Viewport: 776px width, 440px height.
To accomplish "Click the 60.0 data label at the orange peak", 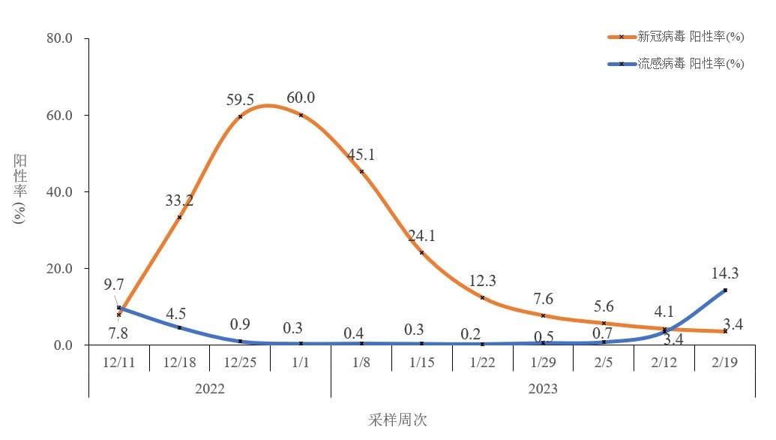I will [x=301, y=98].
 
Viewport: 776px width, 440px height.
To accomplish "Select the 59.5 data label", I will [x=240, y=100].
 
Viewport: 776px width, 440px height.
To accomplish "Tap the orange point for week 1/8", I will [x=361, y=172].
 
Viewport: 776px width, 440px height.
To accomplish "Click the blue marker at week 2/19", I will [x=725, y=290].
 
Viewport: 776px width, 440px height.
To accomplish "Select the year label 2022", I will [x=209, y=389].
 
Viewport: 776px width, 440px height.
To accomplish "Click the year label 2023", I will [x=543, y=389].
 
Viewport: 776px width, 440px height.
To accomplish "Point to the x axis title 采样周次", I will [x=397, y=420].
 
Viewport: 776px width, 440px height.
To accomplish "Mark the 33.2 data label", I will [x=179, y=200].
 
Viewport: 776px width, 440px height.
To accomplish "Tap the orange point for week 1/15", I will [x=422, y=252].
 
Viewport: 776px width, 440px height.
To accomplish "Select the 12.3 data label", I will [x=482, y=281].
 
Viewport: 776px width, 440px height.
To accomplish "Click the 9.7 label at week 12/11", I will [x=114, y=285].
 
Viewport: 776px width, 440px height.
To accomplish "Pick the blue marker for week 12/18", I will [x=179, y=327].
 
